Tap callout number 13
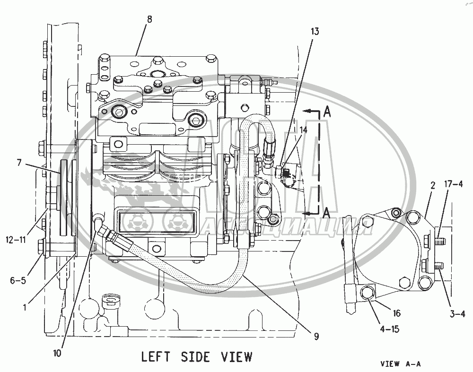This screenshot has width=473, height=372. (x=315, y=32)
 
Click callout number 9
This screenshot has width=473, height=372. (x=315, y=337)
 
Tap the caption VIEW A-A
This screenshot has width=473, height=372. (x=400, y=364)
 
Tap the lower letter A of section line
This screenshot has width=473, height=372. (x=326, y=213)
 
